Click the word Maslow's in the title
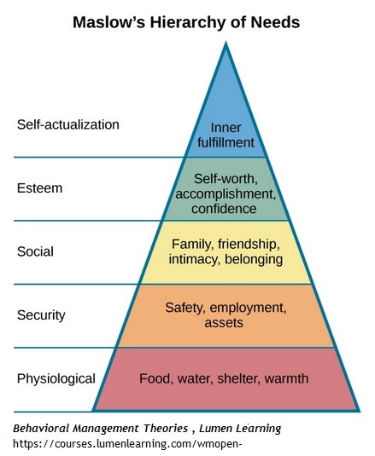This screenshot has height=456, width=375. [109, 22]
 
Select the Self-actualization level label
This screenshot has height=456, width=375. [68, 124]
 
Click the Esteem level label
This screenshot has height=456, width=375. [40, 188]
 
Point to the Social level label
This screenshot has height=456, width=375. [35, 251]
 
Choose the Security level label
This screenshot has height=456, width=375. [41, 315]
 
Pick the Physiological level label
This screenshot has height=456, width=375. [56, 379]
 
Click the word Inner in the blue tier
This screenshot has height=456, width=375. [226, 128]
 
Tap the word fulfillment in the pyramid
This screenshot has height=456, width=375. [226, 142]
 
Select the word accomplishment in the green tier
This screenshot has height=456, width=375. [226, 194]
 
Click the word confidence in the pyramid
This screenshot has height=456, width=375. [224, 209]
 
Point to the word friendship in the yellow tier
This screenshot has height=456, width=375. [249, 245]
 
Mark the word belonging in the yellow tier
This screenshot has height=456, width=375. [254, 259]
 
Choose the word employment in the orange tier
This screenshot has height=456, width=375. [248, 308]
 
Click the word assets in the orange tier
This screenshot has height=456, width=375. [224, 323]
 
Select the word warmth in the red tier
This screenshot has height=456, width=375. [286, 378]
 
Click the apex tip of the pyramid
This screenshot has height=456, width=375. [226, 43]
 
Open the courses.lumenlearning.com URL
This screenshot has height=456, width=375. [127, 444]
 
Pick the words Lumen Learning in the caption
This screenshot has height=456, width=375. [240, 429]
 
